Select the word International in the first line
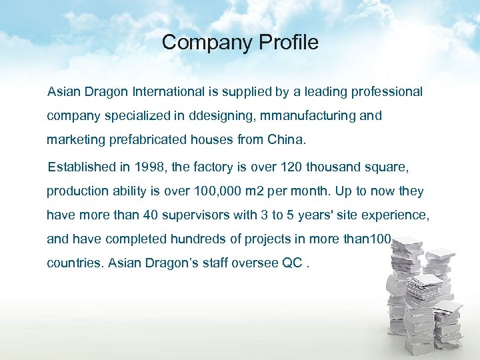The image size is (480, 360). coord(168,91)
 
